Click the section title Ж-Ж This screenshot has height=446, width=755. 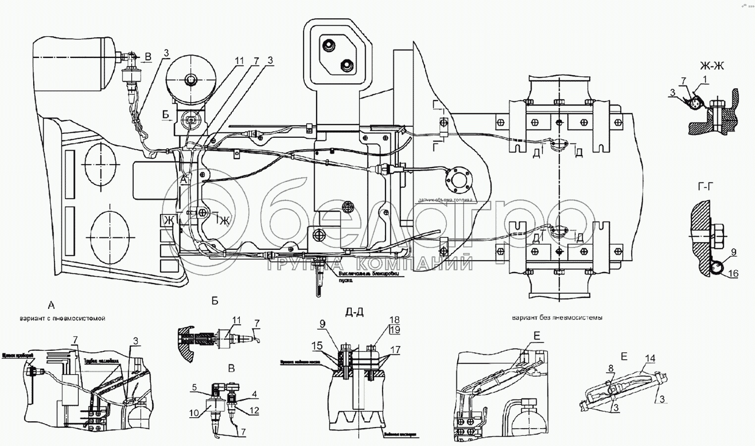pyautogui.click(x=712, y=66)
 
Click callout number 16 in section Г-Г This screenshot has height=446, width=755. pyautogui.click(x=733, y=274)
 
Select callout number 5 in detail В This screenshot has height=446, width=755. pyautogui.click(x=195, y=387)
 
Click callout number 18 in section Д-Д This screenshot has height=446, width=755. pyautogui.click(x=394, y=320)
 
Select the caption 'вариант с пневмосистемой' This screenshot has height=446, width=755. pyautogui.click(x=62, y=319)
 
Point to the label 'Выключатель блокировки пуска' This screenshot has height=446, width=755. pyautogui.click(x=369, y=275)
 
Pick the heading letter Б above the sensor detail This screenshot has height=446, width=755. pyautogui.click(x=215, y=301)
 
